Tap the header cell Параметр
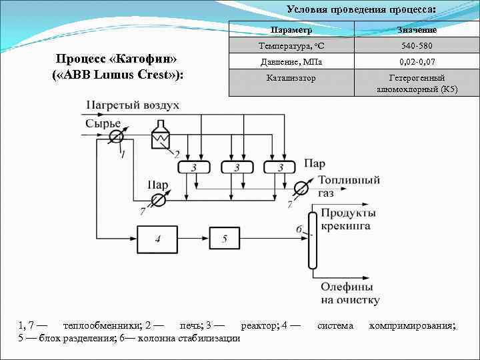(291, 31)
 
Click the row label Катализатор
(291, 78)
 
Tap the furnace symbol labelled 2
(161, 136)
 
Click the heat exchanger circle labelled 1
(117, 136)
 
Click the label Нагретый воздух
(132, 105)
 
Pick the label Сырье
(103, 123)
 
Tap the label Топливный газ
(349, 186)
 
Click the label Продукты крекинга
(347, 219)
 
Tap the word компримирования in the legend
(412, 325)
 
